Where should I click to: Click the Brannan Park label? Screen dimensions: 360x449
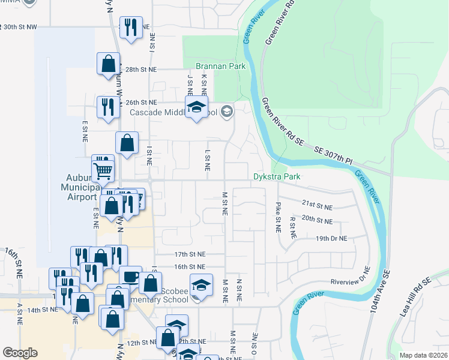pos(221,66)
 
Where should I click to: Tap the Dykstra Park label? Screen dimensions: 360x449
pos(276,177)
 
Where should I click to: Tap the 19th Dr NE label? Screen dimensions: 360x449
pos(331,238)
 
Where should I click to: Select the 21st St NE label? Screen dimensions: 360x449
pos(317,205)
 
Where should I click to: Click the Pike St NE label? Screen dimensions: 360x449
pos(278,218)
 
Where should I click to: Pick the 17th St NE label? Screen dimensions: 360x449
pos(190,254)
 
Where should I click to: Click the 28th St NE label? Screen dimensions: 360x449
pos(140,69)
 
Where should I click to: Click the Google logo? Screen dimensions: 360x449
pos(20,353)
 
